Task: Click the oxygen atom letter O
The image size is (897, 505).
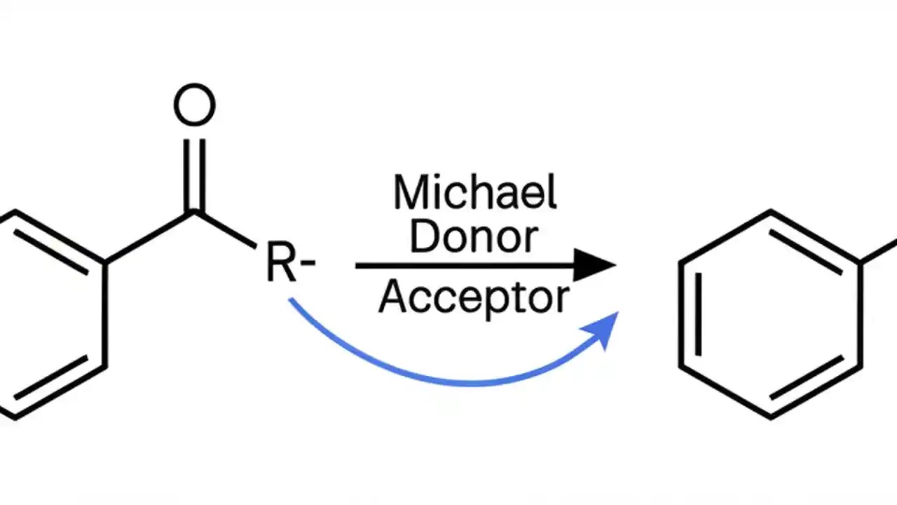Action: click(x=194, y=106)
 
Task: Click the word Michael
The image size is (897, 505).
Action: click(x=475, y=192)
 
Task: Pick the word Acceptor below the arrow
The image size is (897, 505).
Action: click(x=474, y=298)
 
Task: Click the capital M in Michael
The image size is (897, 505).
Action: click(x=411, y=192)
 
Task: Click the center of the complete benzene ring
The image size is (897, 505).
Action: click(x=771, y=314)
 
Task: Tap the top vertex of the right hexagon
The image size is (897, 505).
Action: click(x=771, y=211)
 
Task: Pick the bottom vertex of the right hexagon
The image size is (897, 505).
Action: click(x=771, y=417)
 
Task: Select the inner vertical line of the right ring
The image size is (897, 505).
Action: click(x=697, y=314)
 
